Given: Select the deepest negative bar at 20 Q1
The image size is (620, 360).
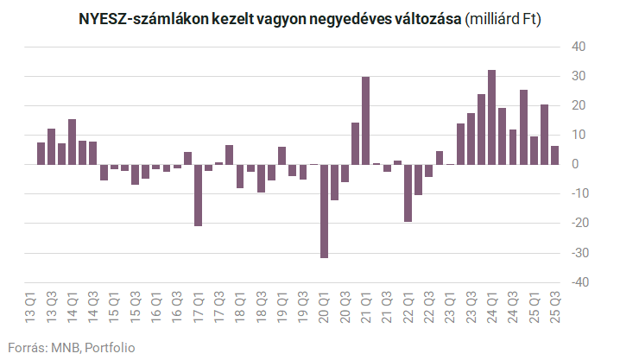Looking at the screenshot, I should (x=324, y=211).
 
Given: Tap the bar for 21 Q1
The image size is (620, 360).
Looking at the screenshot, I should (x=366, y=120).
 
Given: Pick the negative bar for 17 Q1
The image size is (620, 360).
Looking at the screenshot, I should (x=199, y=195).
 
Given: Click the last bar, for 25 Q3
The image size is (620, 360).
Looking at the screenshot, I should (x=554, y=155).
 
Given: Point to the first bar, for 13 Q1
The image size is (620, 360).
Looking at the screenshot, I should (x=41, y=153).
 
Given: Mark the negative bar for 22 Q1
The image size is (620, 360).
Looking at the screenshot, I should (x=408, y=193).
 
